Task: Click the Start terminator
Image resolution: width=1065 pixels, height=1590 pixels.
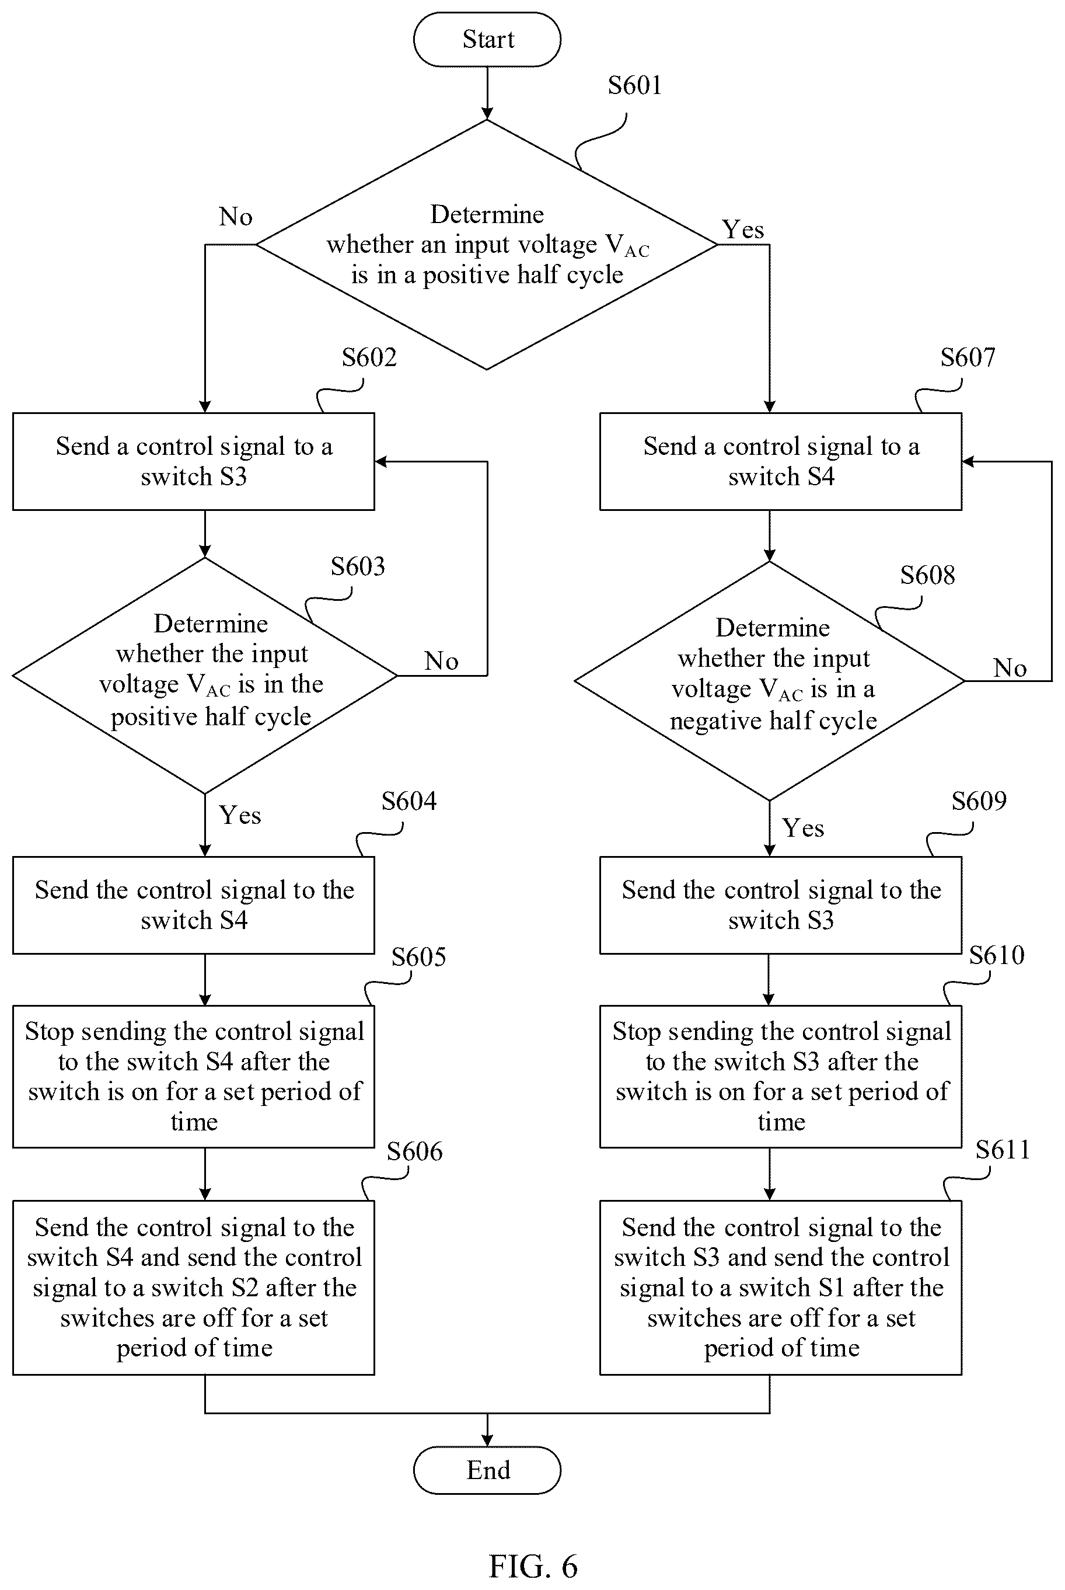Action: [x=487, y=39]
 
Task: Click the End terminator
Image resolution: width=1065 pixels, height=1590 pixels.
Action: [x=487, y=1470]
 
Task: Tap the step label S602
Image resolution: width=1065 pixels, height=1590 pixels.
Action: [x=369, y=357]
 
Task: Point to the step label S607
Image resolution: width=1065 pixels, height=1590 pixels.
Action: [x=967, y=357]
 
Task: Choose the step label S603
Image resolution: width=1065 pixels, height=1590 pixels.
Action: [x=358, y=566]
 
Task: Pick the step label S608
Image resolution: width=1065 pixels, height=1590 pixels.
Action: [x=927, y=575]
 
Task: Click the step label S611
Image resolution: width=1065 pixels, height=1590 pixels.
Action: [x=1003, y=1150]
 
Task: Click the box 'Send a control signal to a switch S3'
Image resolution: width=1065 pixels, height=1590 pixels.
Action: [x=194, y=461]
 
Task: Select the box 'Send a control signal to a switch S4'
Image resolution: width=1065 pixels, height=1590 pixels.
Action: [x=780, y=461]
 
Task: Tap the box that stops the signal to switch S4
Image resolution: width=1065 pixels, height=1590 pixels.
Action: [x=194, y=1076]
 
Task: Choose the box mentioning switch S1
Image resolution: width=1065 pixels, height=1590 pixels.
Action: [x=780, y=1288]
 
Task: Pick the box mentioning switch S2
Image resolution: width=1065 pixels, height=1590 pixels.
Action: [x=194, y=1288]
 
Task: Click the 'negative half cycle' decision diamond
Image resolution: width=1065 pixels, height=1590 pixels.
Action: [x=770, y=681]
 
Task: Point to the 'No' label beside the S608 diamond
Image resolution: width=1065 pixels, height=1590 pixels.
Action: [x=1010, y=668]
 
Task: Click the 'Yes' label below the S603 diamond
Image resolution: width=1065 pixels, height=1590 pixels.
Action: [x=240, y=815]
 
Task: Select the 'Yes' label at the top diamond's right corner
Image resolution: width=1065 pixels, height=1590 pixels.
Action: [x=743, y=229]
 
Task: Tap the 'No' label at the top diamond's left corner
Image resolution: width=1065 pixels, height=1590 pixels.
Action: [x=236, y=217]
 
